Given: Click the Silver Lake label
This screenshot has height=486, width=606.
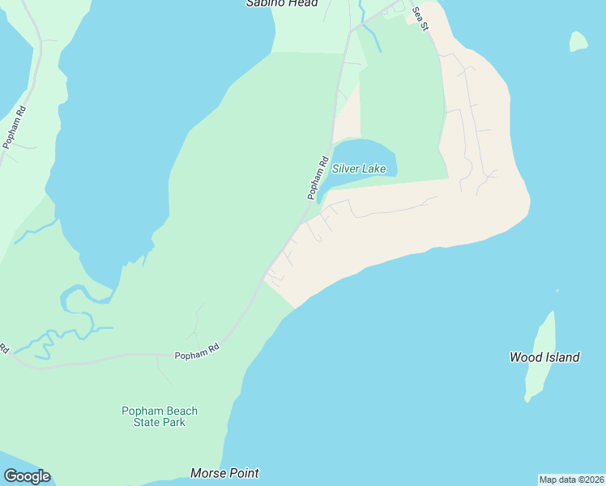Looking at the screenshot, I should [x=359, y=169].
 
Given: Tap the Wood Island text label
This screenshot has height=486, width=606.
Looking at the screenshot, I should [x=544, y=356].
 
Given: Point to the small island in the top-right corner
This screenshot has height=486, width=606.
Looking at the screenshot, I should [x=578, y=41].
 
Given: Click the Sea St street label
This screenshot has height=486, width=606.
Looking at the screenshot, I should [x=419, y=18].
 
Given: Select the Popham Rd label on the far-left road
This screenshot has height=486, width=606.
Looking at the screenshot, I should [x=15, y=127].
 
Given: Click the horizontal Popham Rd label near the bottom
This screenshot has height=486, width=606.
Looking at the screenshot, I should [x=197, y=355].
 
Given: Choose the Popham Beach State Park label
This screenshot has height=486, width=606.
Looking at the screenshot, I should [x=160, y=416].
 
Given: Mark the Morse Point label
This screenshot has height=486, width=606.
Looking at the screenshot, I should [x=224, y=472].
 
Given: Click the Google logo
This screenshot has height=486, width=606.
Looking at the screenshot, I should [x=27, y=476].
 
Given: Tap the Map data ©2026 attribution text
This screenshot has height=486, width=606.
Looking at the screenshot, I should [x=571, y=480].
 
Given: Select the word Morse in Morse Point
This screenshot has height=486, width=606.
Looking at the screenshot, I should [x=207, y=472].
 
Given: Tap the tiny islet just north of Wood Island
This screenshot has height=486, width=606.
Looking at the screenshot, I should [x=557, y=291].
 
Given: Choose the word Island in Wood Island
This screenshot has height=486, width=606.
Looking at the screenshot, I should [x=561, y=356].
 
